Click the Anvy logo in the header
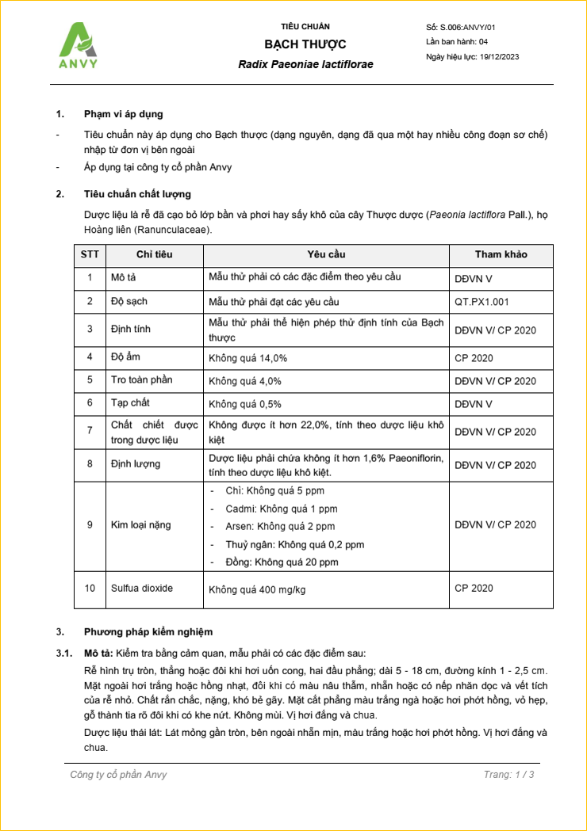[x=79, y=46]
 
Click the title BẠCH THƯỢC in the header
[x=305, y=44]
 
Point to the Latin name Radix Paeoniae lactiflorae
[x=305, y=64]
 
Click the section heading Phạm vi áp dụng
[x=124, y=114]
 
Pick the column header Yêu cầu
[x=326, y=254]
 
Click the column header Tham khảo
[x=501, y=254]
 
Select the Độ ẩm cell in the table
[x=125, y=357]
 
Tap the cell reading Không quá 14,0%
[x=247, y=358]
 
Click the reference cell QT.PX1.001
[x=481, y=302]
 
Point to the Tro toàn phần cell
[x=141, y=380]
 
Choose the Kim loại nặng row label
[x=140, y=524]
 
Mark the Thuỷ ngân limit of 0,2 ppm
[x=295, y=544]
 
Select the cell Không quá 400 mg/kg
[x=257, y=589]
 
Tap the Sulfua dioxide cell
[x=142, y=588]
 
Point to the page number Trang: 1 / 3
[x=508, y=774]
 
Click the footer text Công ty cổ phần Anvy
[x=118, y=774]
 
